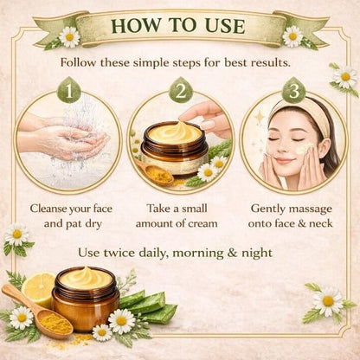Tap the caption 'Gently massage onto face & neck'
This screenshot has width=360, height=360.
(292, 215)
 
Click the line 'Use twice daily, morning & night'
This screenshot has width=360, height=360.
(180, 253)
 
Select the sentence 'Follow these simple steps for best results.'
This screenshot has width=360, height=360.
(180, 63)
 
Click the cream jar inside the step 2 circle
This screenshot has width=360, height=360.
(176, 149)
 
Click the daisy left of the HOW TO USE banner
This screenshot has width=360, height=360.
(69, 36)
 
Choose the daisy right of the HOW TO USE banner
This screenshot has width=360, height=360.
(292, 35)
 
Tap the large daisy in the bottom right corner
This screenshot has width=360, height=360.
(328, 301)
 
